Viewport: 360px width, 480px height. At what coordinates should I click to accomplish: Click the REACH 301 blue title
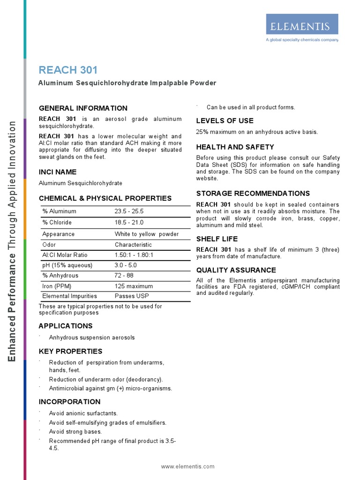[x=68, y=70]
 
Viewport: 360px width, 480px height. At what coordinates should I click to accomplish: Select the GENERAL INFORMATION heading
[x=83, y=108]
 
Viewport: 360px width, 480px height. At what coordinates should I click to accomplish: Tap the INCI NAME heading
[x=58, y=172]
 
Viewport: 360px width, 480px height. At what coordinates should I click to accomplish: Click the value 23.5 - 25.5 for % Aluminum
[x=129, y=211]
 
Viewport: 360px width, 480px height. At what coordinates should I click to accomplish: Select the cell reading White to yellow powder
[x=147, y=234]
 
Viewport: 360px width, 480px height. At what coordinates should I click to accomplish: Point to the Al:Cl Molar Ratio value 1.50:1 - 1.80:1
[x=134, y=255]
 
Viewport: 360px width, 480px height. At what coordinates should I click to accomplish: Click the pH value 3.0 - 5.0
[x=126, y=265]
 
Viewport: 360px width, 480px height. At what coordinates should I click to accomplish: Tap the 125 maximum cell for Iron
[x=134, y=286]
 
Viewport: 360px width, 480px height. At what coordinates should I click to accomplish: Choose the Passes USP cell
[x=131, y=296]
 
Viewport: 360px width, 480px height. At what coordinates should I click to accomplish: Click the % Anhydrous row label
[x=60, y=276]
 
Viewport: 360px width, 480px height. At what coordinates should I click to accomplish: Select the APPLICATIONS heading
[x=66, y=326]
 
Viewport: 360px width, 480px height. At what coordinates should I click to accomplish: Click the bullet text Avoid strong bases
[x=75, y=432]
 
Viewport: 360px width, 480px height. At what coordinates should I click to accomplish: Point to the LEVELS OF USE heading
[x=225, y=120]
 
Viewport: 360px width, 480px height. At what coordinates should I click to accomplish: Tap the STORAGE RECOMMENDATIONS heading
[x=253, y=193]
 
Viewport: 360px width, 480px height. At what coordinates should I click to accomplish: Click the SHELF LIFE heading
[x=217, y=239]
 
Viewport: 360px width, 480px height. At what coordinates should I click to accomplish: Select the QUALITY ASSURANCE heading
[x=236, y=270]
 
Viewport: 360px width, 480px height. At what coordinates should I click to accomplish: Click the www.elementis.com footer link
[x=187, y=466]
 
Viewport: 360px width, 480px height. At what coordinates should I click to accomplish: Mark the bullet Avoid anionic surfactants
[x=83, y=413]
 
